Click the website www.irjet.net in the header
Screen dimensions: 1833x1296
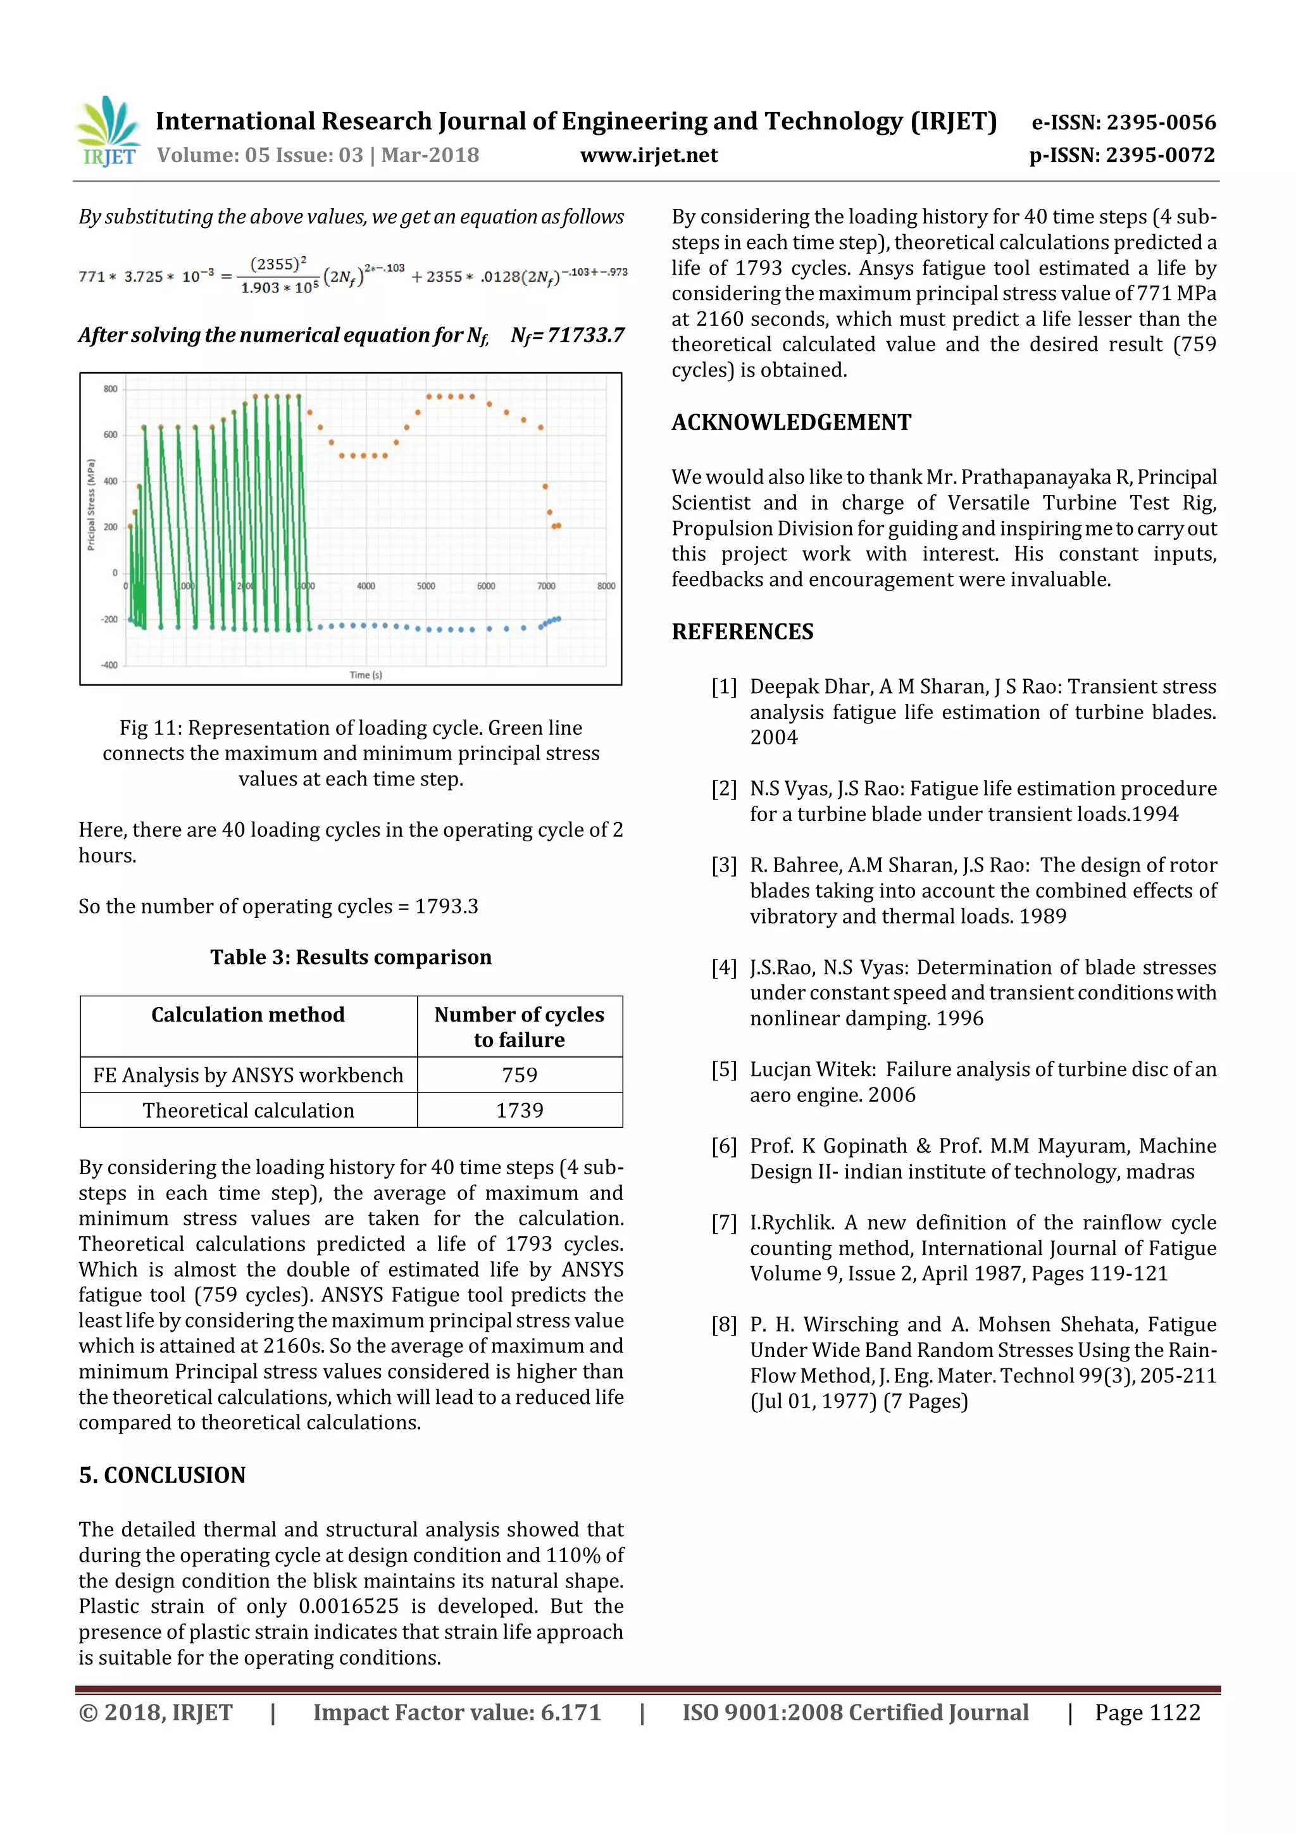(x=648, y=155)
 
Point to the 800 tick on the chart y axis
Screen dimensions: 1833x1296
(x=110, y=389)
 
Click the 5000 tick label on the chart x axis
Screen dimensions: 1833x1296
(x=425, y=586)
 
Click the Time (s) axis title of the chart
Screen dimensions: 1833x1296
(x=366, y=675)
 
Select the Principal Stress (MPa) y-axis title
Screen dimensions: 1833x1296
(x=91, y=504)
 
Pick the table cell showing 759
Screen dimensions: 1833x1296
(x=520, y=1075)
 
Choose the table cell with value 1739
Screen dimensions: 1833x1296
(x=520, y=1111)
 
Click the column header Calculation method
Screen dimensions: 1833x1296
(x=248, y=1015)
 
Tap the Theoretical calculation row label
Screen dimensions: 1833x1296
(x=248, y=1111)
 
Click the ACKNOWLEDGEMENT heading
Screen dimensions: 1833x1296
(x=791, y=422)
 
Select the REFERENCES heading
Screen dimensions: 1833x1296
(x=742, y=632)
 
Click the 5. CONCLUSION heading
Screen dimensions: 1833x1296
(x=162, y=1475)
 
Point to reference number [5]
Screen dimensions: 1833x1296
(x=724, y=1070)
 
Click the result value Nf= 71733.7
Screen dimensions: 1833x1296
(x=568, y=335)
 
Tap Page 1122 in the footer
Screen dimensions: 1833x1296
(x=1147, y=1713)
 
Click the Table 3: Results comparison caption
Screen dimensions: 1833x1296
(x=351, y=957)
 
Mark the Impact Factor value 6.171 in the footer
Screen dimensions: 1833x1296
(x=456, y=1713)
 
